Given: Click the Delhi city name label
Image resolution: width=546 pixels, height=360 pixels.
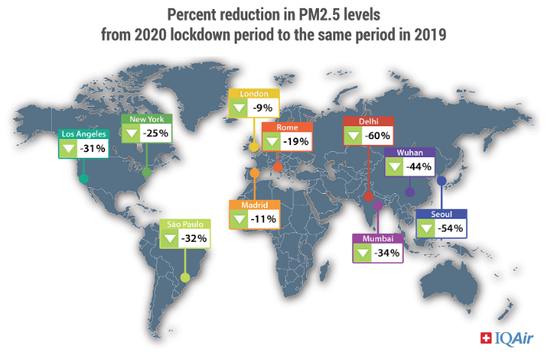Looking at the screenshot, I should click(358, 122).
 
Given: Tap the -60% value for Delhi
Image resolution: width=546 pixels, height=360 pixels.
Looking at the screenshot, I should click(378, 136).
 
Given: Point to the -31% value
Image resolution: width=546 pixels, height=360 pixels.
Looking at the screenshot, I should click(93, 149).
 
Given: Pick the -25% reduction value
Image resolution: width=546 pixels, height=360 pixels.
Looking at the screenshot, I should click(157, 134).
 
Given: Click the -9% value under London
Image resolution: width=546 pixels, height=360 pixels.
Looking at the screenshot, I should click(262, 108).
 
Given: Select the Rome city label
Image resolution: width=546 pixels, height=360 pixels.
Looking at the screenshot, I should click(287, 128).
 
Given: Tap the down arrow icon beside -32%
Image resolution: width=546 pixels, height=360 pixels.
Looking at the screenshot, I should click(168, 239).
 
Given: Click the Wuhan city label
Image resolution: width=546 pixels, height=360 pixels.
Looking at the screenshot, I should click(399, 153).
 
